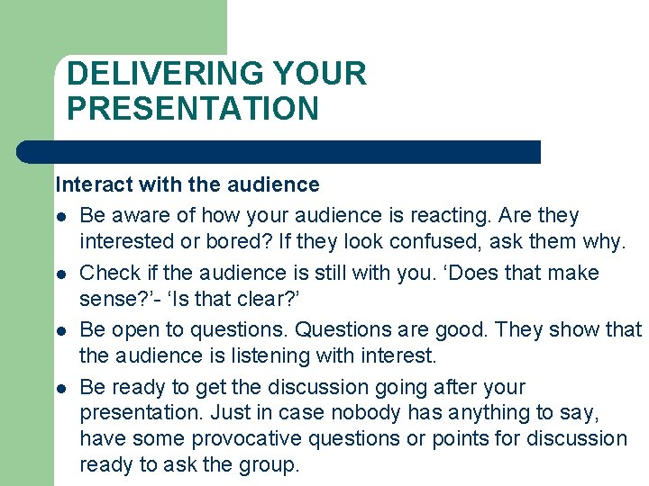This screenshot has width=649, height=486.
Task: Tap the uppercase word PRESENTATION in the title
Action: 193,109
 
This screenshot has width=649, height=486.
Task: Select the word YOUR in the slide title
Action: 320,74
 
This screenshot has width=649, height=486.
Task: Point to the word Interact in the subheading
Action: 89,184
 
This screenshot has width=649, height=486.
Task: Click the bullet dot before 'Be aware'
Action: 59,217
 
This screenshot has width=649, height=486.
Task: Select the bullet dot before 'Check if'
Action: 59,274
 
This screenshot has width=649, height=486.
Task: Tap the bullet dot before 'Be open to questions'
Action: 59,331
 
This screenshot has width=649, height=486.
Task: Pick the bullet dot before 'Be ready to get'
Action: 59,388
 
